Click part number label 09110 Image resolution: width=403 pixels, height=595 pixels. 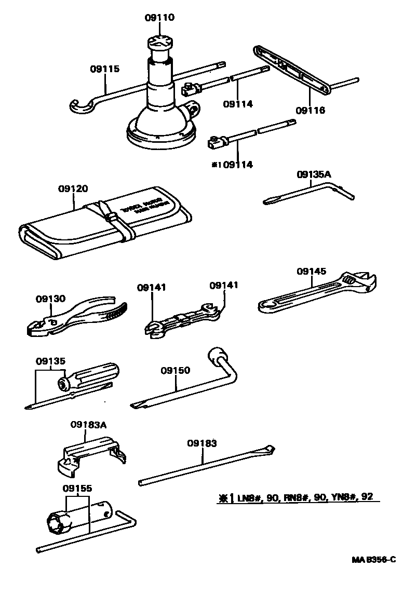tap(159, 18)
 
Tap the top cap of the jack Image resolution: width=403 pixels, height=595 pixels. tap(159, 42)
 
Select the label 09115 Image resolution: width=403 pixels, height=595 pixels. tap(104, 68)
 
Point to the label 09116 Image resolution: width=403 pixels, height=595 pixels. tap(310, 110)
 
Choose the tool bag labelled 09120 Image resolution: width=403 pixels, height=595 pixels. tap(104, 223)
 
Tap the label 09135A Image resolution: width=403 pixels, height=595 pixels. tap(314, 174)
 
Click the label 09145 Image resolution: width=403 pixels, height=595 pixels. tap(312, 271)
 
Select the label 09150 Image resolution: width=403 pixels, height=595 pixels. tap(175, 370)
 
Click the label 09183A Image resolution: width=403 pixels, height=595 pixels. tap(88, 425)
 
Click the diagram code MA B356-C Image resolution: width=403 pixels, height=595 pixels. tap(373, 560)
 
